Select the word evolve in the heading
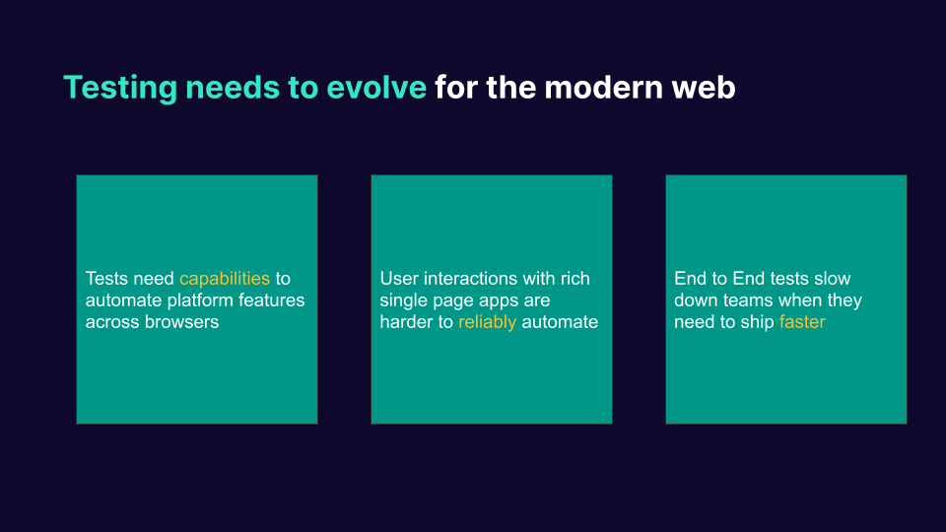(378, 88)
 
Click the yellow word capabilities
(224, 279)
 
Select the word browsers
(182, 322)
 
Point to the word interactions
(472, 279)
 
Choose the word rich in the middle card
(574, 279)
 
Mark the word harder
(407, 322)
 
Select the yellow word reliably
(487, 322)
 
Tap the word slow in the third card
(832, 279)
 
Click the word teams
(745, 300)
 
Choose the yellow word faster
(801, 322)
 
